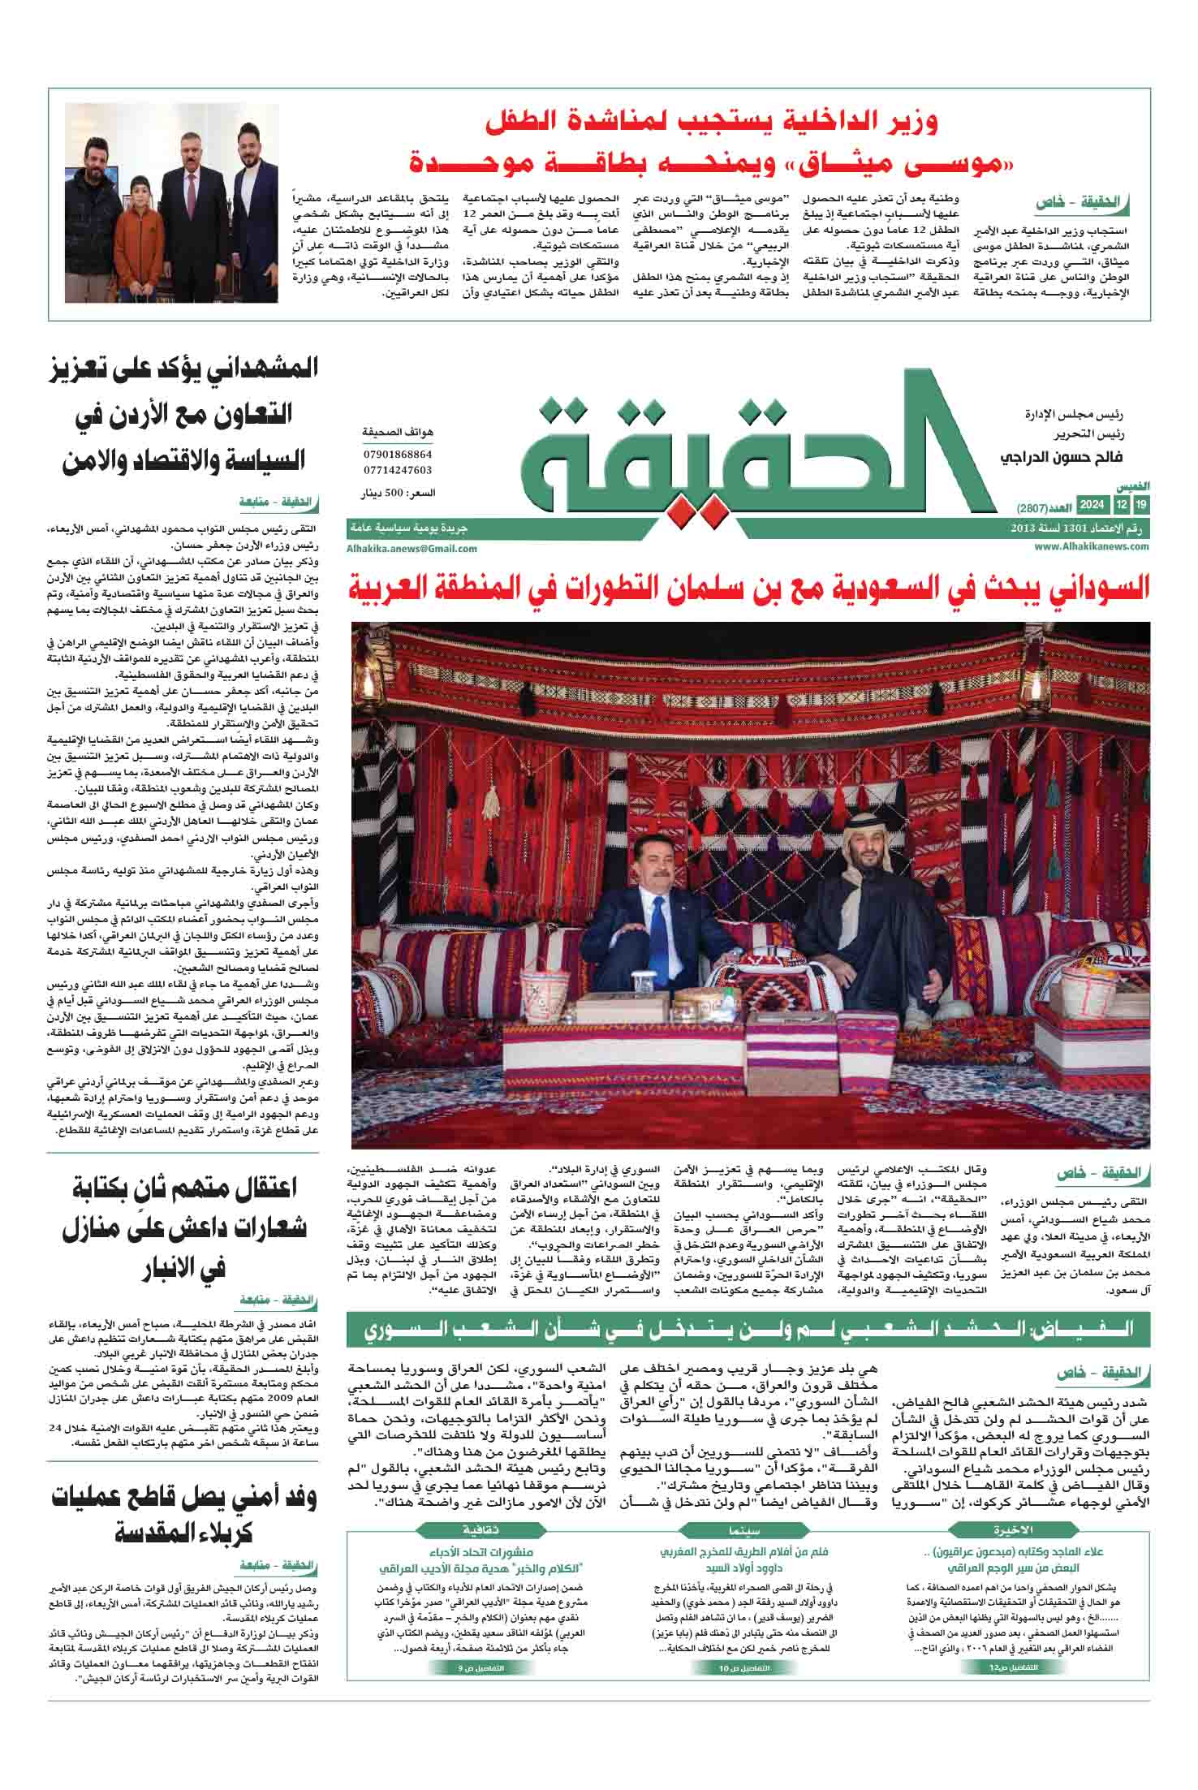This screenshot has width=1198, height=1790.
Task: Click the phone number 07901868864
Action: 398,455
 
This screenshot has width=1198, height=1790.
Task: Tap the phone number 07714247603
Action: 398,470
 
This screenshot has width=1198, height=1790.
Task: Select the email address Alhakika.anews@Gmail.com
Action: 412,549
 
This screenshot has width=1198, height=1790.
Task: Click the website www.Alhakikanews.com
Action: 1092,546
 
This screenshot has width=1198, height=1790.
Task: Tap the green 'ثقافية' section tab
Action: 480,1529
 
